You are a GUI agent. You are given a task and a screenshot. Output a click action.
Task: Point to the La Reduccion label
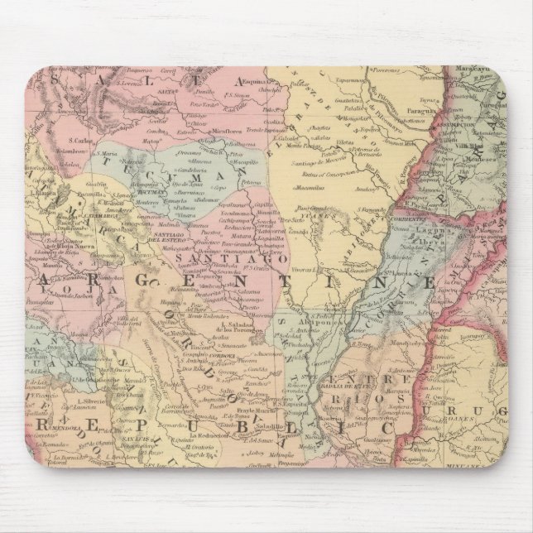click(x=207, y=435)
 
